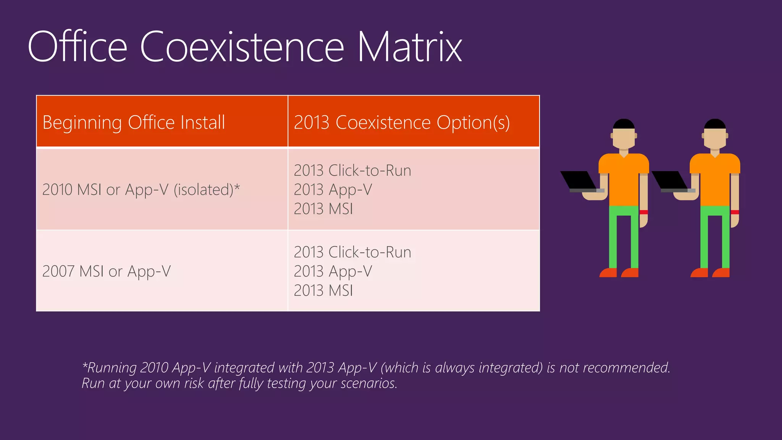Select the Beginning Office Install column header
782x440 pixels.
(134, 123)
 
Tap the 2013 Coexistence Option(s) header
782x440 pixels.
(402, 123)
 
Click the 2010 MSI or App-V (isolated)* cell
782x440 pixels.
(141, 190)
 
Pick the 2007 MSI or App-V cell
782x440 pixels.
(106, 272)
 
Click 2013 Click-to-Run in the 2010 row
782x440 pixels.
(352, 170)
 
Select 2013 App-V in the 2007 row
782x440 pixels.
(333, 272)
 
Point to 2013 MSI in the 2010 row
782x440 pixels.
(323, 209)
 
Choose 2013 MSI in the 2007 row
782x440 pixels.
(323, 291)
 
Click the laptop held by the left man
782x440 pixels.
(578, 181)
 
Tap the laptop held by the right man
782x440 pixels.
(670, 181)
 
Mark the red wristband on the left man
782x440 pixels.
(643, 212)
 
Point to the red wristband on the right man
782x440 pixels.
(735, 212)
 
